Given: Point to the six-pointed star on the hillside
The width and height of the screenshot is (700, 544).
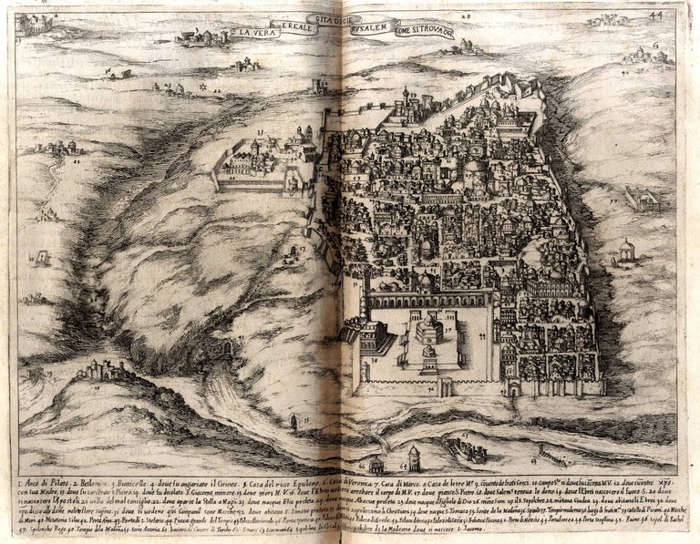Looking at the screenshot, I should coord(215,88).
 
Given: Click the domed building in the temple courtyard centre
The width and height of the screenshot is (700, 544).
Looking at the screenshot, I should coord(427,329).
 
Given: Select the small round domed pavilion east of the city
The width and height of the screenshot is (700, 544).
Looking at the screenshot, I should coord(626,250).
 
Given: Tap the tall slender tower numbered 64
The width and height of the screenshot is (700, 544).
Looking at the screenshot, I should coord(415,456).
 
